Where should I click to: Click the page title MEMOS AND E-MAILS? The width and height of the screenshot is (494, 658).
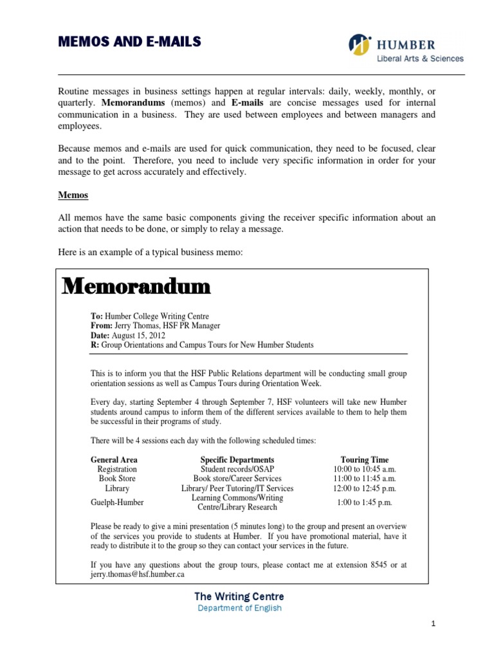(129, 42)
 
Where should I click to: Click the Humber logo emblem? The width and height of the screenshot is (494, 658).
(360, 45)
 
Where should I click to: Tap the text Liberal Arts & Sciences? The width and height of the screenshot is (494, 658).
(419, 58)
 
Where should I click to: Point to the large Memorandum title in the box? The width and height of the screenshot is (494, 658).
(136, 287)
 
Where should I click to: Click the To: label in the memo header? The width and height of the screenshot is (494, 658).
(97, 316)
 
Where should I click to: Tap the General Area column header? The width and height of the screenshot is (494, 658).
(114, 459)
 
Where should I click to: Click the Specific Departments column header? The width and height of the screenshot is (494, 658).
(237, 459)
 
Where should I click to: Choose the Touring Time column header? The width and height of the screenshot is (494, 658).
(364, 459)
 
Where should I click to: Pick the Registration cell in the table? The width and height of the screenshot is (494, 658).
(116, 469)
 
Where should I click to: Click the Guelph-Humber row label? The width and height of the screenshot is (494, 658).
(117, 502)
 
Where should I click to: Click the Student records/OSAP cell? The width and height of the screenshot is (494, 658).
(237, 469)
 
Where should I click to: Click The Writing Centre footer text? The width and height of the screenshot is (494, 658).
(239, 596)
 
